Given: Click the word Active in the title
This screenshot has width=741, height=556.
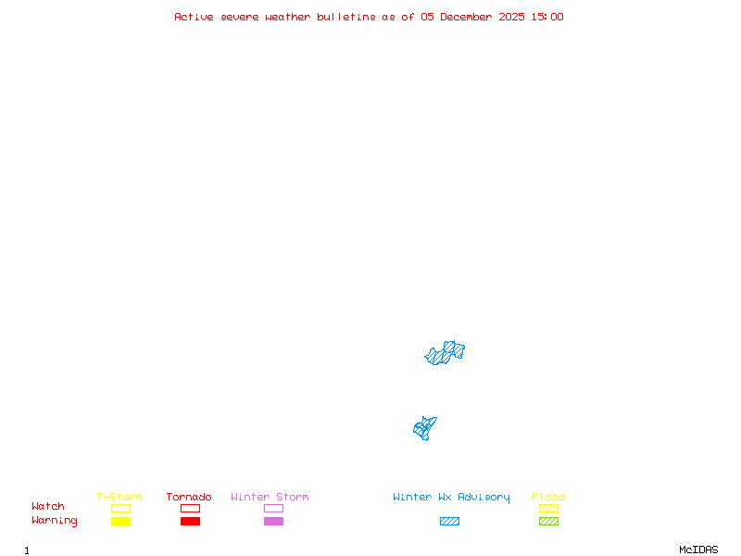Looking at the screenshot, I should (x=194, y=17).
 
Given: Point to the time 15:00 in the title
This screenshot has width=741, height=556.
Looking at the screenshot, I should (x=547, y=17).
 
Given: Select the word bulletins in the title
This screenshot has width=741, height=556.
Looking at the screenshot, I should (x=346, y=17).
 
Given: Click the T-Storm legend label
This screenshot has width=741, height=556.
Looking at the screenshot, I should (x=119, y=498).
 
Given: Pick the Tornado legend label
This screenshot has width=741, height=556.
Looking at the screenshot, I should (x=189, y=498).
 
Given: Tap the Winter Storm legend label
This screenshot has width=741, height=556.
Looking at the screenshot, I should (x=270, y=498).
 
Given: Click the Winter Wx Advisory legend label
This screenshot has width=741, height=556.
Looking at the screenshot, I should (x=451, y=498).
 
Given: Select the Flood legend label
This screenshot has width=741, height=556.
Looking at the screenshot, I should (x=548, y=498).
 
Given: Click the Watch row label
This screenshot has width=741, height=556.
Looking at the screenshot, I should (x=48, y=507).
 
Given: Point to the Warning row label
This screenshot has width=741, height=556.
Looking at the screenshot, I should (x=55, y=521).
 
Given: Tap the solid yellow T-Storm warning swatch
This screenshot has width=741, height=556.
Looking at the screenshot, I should (x=120, y=522).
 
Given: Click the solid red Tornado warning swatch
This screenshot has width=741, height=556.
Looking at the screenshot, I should (x=190, y=522).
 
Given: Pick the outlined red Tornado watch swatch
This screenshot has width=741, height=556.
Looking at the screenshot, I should (x=190, y=508).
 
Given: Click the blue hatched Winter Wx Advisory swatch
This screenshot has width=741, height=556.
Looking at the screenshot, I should (x=449, y=522).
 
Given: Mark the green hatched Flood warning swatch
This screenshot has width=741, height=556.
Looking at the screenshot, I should (x=548, y=522).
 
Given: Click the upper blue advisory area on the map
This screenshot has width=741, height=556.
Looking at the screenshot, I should (x=446, y=353).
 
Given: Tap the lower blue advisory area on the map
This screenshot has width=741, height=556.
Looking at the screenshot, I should (x=424, y=428).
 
